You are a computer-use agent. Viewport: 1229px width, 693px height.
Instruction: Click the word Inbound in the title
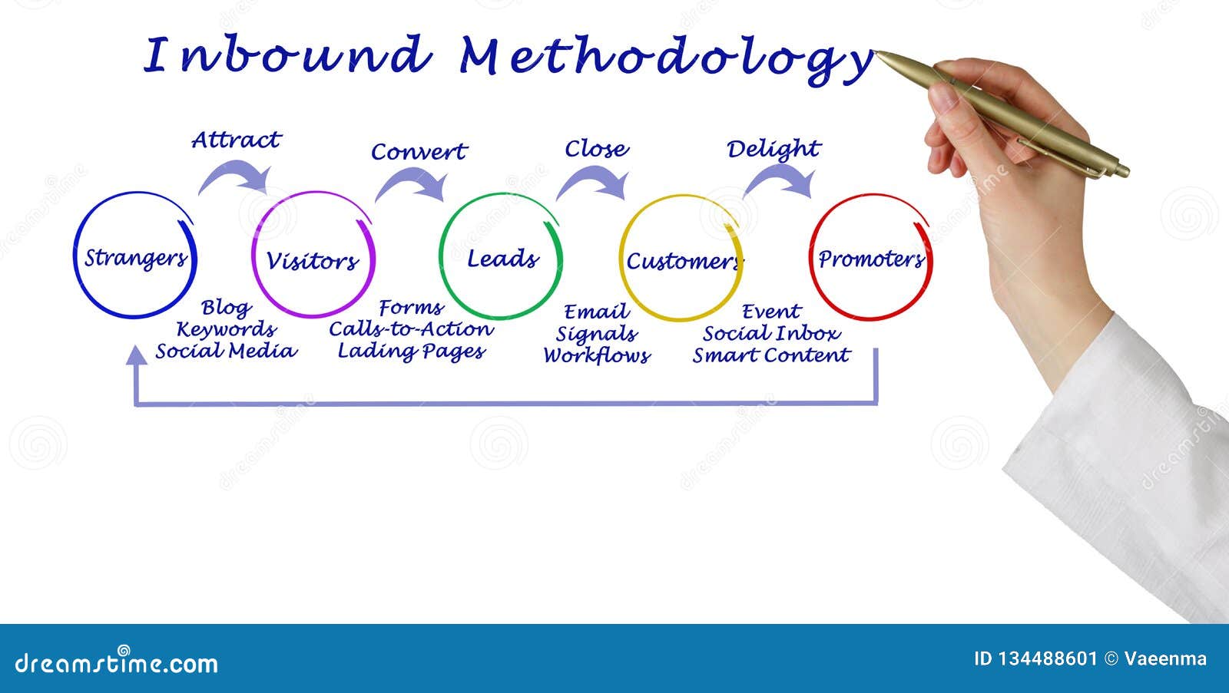tap(286, 55)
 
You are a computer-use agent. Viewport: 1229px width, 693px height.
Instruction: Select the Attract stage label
tap(236, 140)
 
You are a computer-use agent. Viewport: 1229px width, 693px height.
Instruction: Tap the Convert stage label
tap(419, 152)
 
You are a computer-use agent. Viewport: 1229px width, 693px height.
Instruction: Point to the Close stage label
tap(596, 149)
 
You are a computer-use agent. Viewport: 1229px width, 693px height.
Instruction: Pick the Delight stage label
tap(773, 149)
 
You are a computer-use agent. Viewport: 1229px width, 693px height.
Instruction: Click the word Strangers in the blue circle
tap(135, 259)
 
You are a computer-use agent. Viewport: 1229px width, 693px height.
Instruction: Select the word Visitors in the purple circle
tap(312, 261)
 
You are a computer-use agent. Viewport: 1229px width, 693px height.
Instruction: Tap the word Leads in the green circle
tap(502, 259)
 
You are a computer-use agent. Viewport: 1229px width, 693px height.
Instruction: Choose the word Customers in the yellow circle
tap(683, 262)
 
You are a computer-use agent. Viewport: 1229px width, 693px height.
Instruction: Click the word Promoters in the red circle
tap(870, 259)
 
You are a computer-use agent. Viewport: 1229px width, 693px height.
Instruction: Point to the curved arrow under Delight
tap(778, 181)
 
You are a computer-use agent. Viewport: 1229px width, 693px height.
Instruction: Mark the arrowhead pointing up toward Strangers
tap(137, 354)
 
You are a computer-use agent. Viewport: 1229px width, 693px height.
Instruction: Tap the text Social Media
tap(225, 351)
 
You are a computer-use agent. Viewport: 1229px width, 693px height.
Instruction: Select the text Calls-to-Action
tap(411, 329)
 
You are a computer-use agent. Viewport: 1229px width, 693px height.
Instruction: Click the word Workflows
tap(596, 356)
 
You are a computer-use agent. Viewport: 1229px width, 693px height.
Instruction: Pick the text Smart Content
tap(771, 355)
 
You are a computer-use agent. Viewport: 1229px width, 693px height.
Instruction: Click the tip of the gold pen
tap(878, 53)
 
